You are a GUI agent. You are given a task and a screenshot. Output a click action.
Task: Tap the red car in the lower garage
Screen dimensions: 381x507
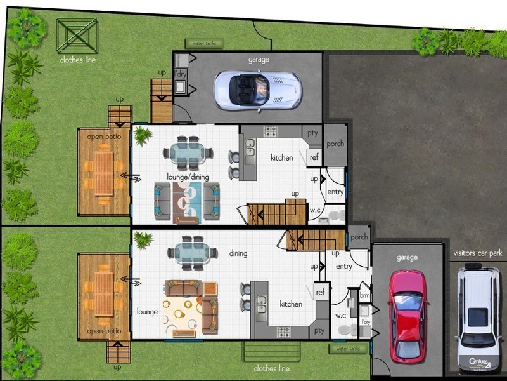click(408, 315)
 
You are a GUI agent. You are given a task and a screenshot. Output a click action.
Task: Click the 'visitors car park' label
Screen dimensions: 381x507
click(478, 253)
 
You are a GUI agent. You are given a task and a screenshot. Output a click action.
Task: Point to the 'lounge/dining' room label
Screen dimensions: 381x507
click(188, 177)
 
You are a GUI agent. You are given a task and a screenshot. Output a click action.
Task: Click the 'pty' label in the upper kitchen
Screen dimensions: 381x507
click(312, 133)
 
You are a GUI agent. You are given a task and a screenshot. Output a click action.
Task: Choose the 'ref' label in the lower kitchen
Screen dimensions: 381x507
click(320, 292)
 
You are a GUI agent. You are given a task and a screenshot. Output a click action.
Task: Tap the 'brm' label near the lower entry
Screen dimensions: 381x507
click(365, 295)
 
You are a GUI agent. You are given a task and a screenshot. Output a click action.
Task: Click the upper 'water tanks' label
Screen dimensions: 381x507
click(204, 43)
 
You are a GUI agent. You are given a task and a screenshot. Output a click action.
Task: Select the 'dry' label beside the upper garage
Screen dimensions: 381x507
click(181, 74)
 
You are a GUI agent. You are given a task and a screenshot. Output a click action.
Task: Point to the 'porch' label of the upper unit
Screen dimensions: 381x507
click(335, 144)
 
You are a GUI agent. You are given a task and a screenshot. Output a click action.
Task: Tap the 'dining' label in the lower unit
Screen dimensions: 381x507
click(238, 253)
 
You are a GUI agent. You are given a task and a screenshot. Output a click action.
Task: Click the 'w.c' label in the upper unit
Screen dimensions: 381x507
click(315, 210)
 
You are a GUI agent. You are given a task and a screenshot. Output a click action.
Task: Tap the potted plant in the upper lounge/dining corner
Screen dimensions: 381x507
click(142, 135)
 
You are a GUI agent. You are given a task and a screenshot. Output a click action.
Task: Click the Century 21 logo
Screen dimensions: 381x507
click(480, 363)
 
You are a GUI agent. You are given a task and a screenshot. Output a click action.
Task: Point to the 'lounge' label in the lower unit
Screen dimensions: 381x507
click(147, 312)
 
